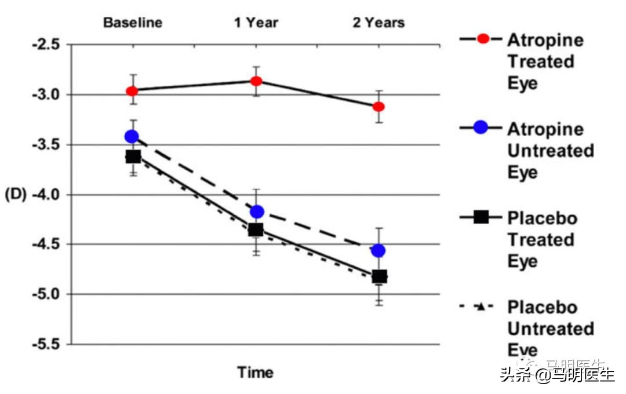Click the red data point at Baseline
click(x=132, y=91)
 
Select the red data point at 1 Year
click(x=256, y=81)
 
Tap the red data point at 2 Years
click(x=379, y=107)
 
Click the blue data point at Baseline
click(x=132, y=137)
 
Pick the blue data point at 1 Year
click(x=256, y=211)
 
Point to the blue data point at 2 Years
click(x=378, y=250)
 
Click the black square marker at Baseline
click(x=133, y=156)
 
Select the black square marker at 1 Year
click(x=256, y=230)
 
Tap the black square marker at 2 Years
click(x=379, y=276)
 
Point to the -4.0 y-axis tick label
click(x=42, y=195)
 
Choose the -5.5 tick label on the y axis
click(x=42, y=344)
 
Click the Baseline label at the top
click(x=133, y=23)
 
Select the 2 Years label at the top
click(x=379, y=23)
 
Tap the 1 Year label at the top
click(x=256, y=23)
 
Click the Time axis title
click(x=255, y=373)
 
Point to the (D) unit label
click(x=16, y=195)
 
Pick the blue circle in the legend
click(x=481, y=128)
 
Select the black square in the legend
click(x=481, y=218)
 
